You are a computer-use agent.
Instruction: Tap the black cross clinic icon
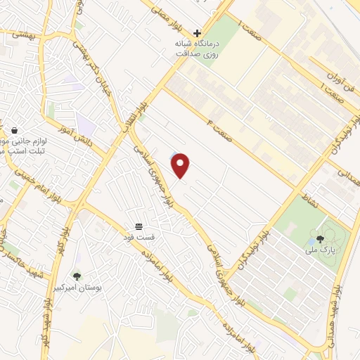pos(197,32)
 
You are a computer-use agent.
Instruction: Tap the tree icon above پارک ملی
pos(320,239)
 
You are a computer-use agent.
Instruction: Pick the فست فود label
pos(150,237)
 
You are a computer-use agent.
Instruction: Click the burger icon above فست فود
pos(139,226)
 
